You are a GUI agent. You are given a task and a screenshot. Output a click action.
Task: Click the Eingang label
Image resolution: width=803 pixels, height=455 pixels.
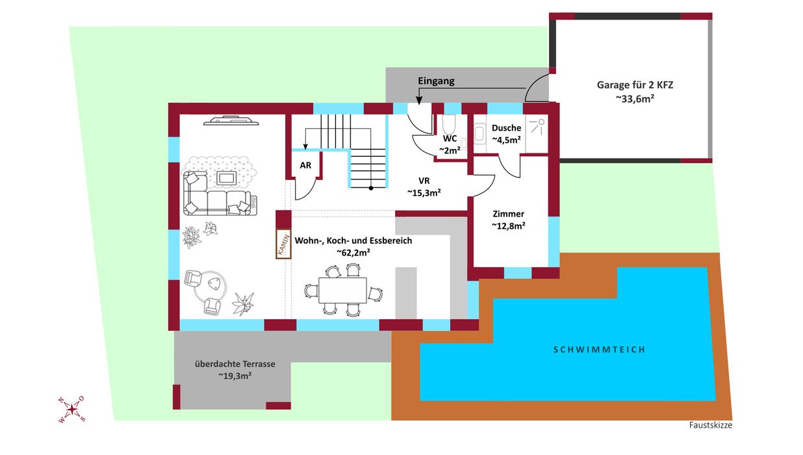tap(436, 81)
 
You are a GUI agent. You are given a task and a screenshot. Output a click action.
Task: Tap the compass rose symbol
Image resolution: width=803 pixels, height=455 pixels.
tap(71, 409)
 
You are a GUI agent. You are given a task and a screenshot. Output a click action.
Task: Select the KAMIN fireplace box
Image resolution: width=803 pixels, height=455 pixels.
tap(283, 244)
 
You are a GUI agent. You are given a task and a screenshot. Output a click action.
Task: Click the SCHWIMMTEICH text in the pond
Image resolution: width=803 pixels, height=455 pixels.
tap(599, 350)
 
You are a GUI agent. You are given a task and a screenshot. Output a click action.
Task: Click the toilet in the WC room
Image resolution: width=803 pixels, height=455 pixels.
tap(450, 124)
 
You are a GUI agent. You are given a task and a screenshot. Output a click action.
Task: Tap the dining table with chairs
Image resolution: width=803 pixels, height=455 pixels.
tap(342, 289)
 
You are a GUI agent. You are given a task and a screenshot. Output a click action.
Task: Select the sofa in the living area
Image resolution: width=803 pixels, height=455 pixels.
tap(216, 197)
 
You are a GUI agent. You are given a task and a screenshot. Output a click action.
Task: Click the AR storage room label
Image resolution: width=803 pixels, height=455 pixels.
tap(305, 165)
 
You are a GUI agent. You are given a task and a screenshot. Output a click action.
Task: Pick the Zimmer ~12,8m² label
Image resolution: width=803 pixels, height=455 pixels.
tap(508, 220)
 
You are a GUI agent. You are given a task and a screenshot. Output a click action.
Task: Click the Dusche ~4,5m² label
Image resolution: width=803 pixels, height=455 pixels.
tap(506, 133)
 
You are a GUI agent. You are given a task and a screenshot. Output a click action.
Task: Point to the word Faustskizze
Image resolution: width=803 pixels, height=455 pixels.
tap(710, 426)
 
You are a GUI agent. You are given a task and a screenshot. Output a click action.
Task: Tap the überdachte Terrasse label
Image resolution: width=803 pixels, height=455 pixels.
tap(235, 369)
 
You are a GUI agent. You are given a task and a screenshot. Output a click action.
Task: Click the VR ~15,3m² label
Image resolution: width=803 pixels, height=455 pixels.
tap(424, 187)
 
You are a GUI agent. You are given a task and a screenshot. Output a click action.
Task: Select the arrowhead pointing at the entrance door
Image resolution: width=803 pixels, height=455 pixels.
tap(419, 101)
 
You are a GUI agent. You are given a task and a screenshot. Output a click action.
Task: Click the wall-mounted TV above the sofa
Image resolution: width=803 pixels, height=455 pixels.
tap(231, 120)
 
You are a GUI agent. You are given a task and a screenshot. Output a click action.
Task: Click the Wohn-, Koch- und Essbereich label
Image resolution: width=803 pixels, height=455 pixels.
tap(353, 246)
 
